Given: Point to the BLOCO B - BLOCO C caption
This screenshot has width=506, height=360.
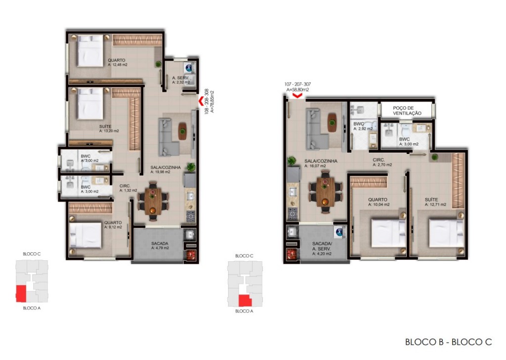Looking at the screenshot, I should point(448,342).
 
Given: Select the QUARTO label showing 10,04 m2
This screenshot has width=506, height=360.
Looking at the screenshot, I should point(379,201).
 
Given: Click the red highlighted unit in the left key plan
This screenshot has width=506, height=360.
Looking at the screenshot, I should point(21,293).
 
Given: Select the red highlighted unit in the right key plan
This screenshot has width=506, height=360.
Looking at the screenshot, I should point(244,300).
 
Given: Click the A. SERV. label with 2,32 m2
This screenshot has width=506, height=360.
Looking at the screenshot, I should point(180,80).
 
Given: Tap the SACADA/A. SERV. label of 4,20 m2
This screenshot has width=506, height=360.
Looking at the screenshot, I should point(322,248).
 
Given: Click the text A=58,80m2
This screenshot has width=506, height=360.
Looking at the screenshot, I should point(297,90).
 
